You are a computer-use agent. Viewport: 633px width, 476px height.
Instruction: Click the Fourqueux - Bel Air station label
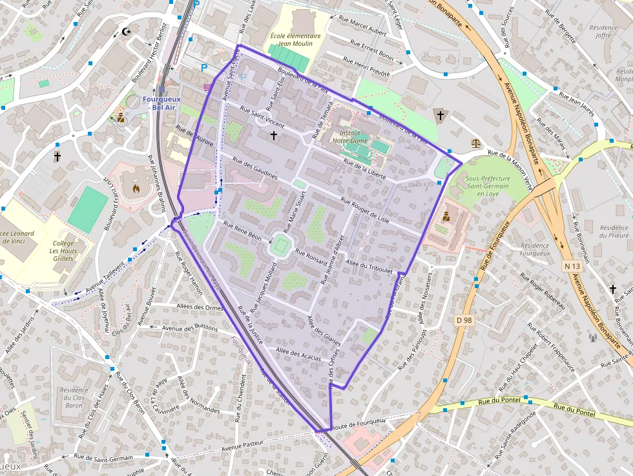161,103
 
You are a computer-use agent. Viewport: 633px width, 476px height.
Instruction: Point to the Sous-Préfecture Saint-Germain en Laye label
489,186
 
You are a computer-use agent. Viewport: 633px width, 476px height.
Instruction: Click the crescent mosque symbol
126,31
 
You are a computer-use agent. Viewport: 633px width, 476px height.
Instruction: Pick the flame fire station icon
136,189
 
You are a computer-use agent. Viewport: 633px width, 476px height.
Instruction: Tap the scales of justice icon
476,141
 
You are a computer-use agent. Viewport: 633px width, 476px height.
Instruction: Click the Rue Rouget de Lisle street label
380,210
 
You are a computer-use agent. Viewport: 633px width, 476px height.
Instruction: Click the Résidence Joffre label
604,32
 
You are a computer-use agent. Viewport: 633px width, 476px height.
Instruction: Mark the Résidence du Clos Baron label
74,398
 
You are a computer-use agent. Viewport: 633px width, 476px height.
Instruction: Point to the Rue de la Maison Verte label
510,164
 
